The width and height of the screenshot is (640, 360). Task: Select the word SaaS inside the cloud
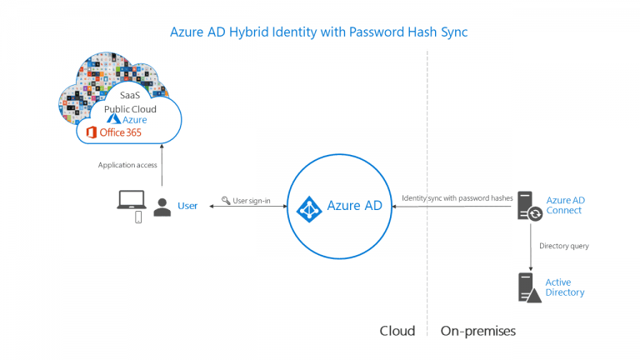click(x=130, y=96)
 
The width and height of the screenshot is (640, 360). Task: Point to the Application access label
click(x=127, y=165)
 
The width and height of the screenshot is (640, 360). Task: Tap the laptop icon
click(x=132, y=199)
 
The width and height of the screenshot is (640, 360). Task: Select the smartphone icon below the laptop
click(x=138, y=217)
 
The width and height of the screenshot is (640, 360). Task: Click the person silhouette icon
click(x=162, y=207)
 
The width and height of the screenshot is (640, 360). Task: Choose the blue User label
click(x=187, y=206)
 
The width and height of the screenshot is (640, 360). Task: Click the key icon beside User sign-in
click(x=226, y=201)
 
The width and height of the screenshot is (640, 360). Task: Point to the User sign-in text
click(x=252, y=201)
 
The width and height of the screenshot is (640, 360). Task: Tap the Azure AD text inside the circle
click(x=354, y=206)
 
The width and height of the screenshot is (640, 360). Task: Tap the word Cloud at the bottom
click(x=397, y=331)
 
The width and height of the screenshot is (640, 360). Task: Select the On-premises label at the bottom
click(x=477, y=331)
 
